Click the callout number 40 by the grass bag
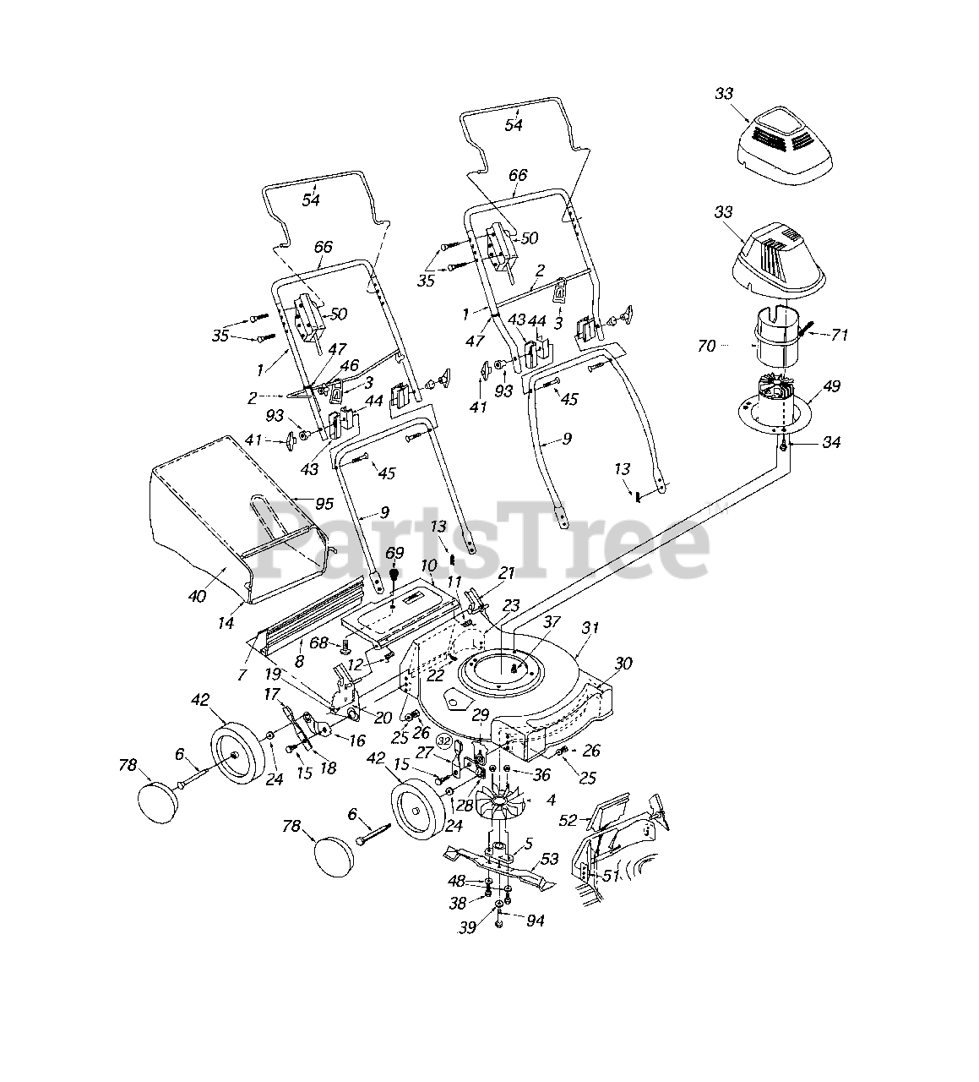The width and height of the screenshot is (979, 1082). point(196,597)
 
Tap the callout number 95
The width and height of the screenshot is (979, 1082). point(324,504)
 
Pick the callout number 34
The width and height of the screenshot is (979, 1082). point(831,442)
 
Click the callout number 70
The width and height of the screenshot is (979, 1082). point(707,346)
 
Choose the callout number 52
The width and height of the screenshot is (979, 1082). point(568,820)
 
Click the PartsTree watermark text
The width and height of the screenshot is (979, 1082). point(481,541)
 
